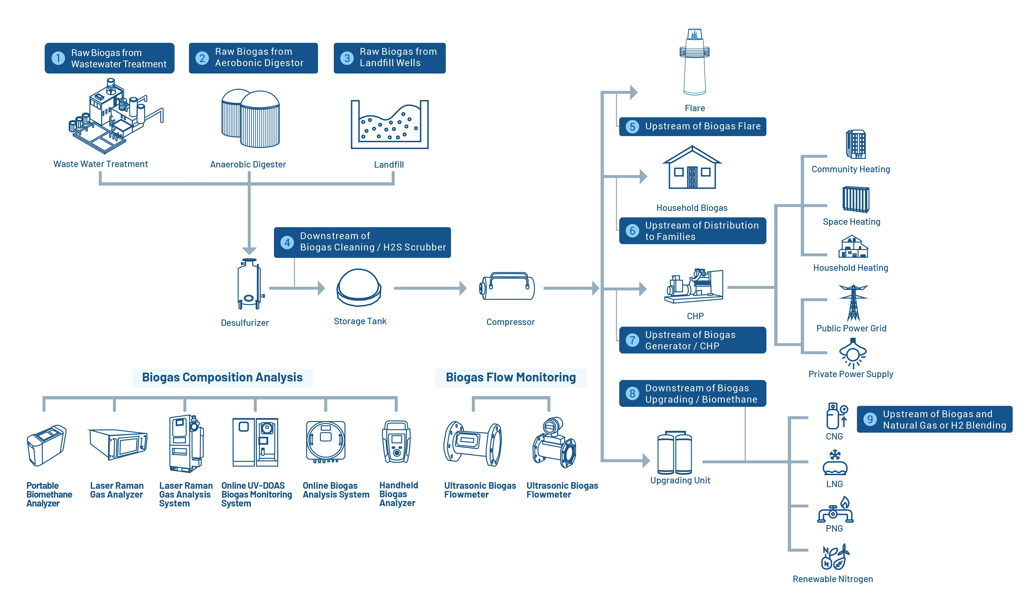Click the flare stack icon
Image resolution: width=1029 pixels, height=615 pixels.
(x=695, y=62)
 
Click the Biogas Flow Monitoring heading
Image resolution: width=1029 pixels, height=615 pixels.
(x=510, y=378)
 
